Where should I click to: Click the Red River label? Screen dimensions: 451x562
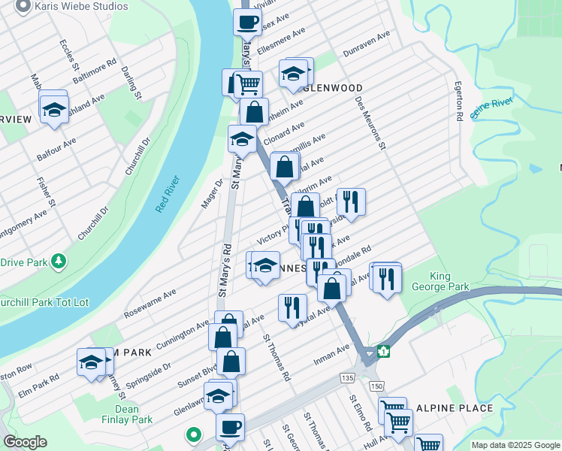168,195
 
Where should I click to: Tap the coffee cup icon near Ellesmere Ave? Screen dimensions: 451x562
246,22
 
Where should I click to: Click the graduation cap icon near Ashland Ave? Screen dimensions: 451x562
54,109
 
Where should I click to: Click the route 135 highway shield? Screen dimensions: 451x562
346,377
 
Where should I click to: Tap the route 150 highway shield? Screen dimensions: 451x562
376,386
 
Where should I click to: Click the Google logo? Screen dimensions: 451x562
25,442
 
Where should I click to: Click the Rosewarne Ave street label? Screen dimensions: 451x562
150,300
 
